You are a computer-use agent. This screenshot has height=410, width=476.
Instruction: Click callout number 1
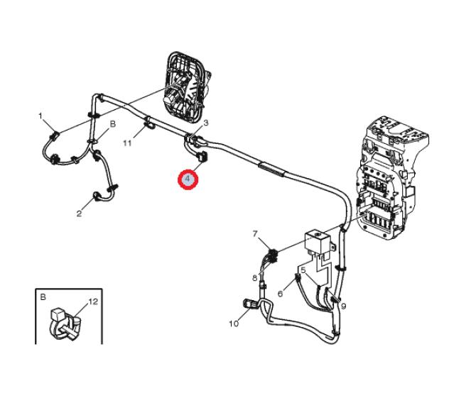coord(40,116)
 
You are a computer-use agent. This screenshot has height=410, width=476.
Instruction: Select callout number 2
coord(80,214)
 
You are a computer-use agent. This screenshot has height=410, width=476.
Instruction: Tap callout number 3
coord(206,123)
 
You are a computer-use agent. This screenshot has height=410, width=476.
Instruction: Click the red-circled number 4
coord(188,179)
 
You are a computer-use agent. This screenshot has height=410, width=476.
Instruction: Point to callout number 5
coord(303,270)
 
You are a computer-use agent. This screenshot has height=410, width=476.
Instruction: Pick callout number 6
coord(280,294)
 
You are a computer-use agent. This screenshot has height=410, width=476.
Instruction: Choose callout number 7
coord(255,234)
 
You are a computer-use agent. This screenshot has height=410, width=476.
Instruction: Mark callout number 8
coord(255,278)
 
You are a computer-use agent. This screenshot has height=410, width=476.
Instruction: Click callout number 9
coord(343,306)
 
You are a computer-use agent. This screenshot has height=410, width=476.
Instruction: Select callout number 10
coord(234,323)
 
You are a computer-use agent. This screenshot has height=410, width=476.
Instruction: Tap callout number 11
coord(127,143)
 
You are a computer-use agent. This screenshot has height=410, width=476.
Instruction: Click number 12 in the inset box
coord(93,301)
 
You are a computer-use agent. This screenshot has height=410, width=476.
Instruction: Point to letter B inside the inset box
coord(43,297)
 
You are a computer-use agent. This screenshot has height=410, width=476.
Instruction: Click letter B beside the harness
coord(113,124)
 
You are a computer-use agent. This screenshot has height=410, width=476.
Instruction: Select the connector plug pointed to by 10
coord(249,304)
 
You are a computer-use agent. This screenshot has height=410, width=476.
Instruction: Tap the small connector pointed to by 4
coord(202,157)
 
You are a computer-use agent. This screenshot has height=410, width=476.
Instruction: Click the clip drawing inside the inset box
coord(65,324)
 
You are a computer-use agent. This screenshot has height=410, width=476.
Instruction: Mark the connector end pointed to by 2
coord(98,196)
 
